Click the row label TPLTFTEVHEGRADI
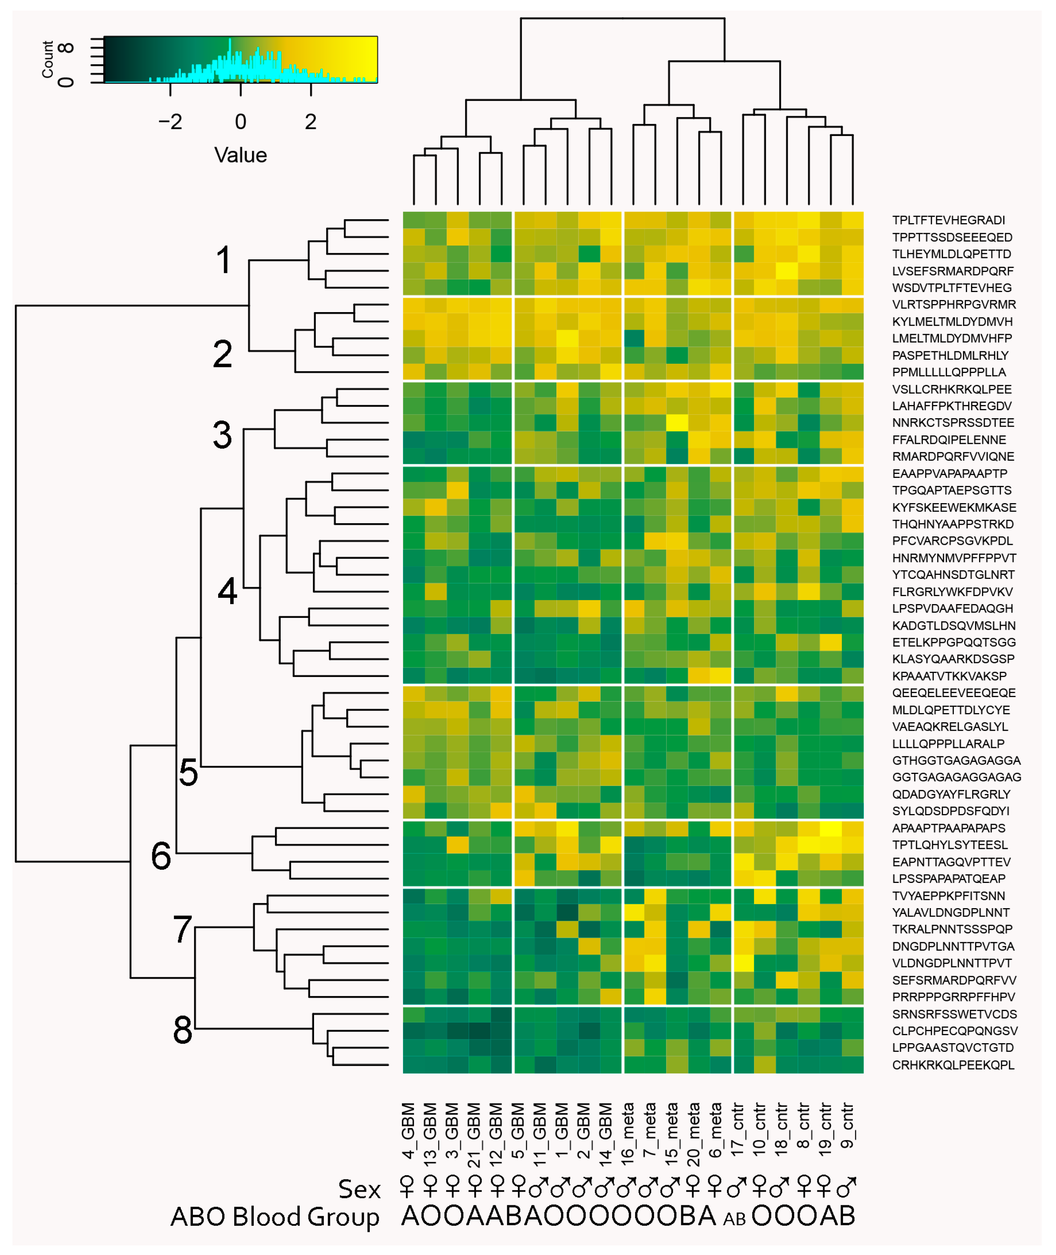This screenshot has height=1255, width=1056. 948,220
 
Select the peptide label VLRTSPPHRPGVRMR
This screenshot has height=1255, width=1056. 954,305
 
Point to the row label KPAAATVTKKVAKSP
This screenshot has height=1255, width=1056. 949,676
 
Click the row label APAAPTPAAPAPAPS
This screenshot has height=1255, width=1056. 948,828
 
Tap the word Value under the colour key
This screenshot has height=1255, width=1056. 240,156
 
